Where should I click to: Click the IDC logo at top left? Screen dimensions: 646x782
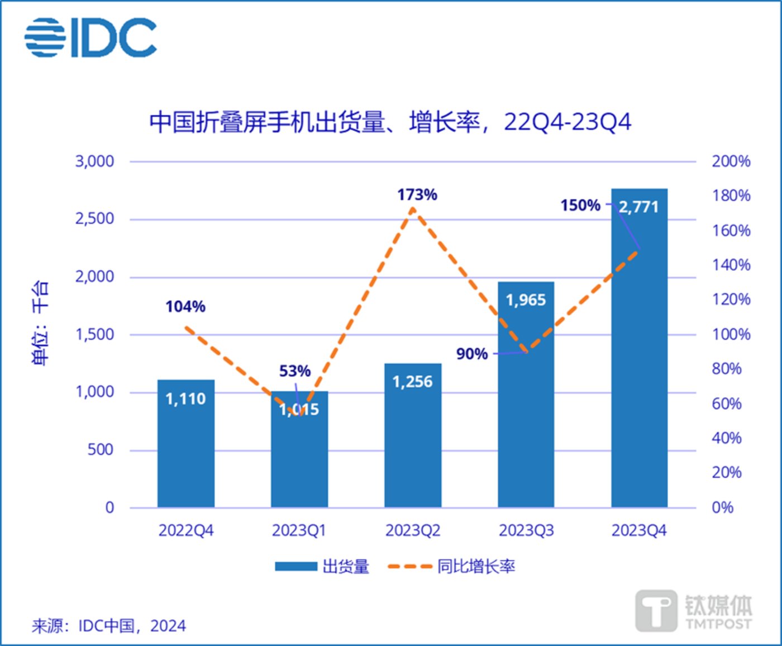tap(90, 37)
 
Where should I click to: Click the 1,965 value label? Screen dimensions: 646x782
tap(526, 300)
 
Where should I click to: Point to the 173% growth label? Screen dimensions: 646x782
tap(417, 195)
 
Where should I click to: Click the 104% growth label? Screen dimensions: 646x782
tap(185, 307)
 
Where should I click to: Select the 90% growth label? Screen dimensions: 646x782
tap(472, 354)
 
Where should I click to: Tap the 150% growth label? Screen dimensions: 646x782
tap(580, 206)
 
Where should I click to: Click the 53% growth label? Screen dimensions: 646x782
tap(295, 371)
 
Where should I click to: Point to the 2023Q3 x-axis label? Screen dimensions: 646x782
tap(526, 530)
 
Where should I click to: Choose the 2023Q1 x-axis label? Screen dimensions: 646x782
tap(299, 530)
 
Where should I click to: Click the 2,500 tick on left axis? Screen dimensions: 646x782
tap(94, 218)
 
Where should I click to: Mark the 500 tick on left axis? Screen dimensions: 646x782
tap(101, 450)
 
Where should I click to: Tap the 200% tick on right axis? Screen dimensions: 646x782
tap(731, 161)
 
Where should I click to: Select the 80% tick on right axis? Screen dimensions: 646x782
tap(727, 369)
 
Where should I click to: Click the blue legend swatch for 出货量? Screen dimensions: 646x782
tap(295, 567)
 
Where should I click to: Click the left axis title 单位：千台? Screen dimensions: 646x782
tap(40, 323)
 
